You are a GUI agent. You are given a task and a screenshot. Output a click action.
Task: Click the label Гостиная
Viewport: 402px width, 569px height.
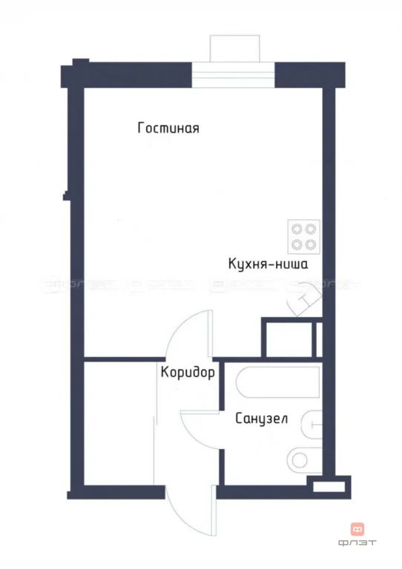pos(168,128)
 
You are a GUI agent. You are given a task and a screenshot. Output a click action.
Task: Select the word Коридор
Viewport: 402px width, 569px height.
pos(188,373)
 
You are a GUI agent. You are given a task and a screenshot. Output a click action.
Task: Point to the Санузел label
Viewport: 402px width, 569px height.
pos(262,419)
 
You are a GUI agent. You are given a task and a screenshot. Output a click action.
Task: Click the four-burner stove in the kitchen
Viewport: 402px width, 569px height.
pos(303,236)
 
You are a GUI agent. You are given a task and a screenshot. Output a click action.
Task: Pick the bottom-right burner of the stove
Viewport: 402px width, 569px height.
pos(310,244)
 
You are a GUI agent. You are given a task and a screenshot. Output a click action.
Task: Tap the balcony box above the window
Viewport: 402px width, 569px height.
pos(234,48)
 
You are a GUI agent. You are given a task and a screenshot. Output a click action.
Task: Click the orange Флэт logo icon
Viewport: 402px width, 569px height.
pos(358,529)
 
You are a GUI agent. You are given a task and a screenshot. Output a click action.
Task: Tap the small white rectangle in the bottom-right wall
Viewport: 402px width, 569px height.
pos(328,487)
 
